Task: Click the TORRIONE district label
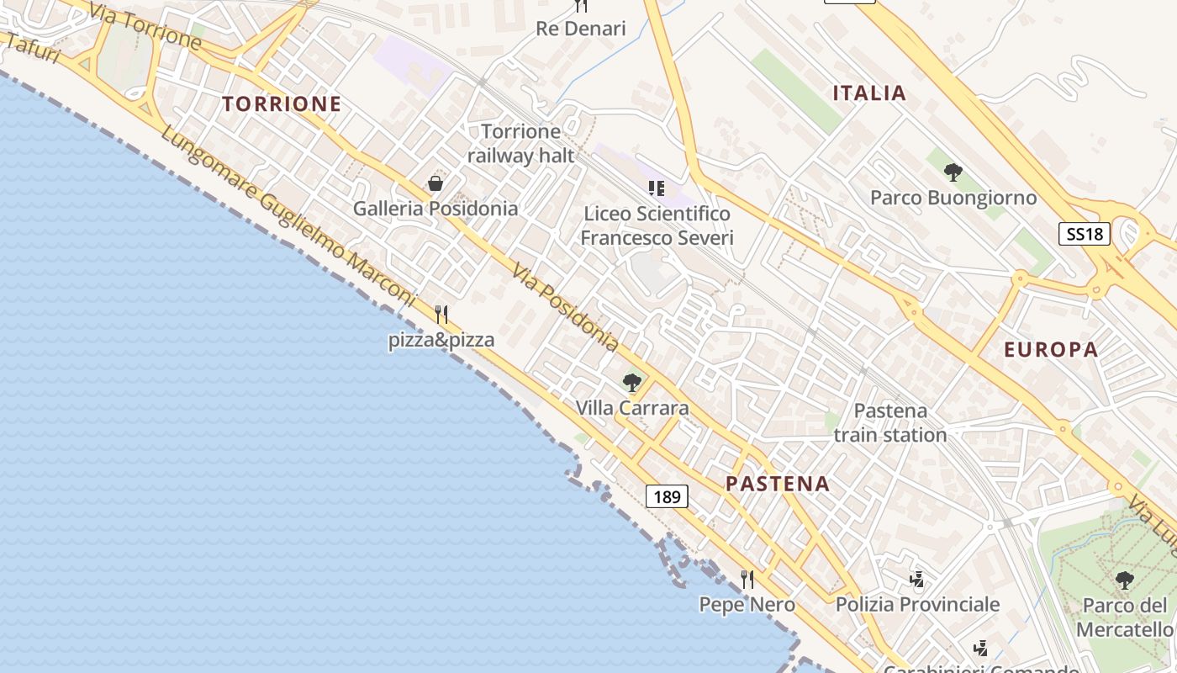[x=282, y=104]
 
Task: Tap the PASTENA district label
[x=778, y=484]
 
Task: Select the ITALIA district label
[x=869, y=93]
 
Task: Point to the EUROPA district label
[x=1051, y=350]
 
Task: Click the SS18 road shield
[x=1084, y=234]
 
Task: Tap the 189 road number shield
[x=667, y=496]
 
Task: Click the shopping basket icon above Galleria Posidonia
[x=435, y=183]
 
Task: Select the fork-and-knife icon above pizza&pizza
[x=441, y=315]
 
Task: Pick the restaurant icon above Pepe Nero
[x=747, y=579]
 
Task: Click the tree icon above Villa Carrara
[x=632, y=383]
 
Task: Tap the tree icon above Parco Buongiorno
[x=953, y=172]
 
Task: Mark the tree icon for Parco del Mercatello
[x=1124, y=580]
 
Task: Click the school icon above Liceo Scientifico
[x=657, y=188]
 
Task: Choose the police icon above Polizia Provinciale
[x=916, y=579]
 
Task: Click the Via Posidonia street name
[x=566, y=309]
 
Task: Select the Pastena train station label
[x=890, y=423]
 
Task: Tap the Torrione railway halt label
[x=521, y=143]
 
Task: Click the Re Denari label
[x=581, y=29]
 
